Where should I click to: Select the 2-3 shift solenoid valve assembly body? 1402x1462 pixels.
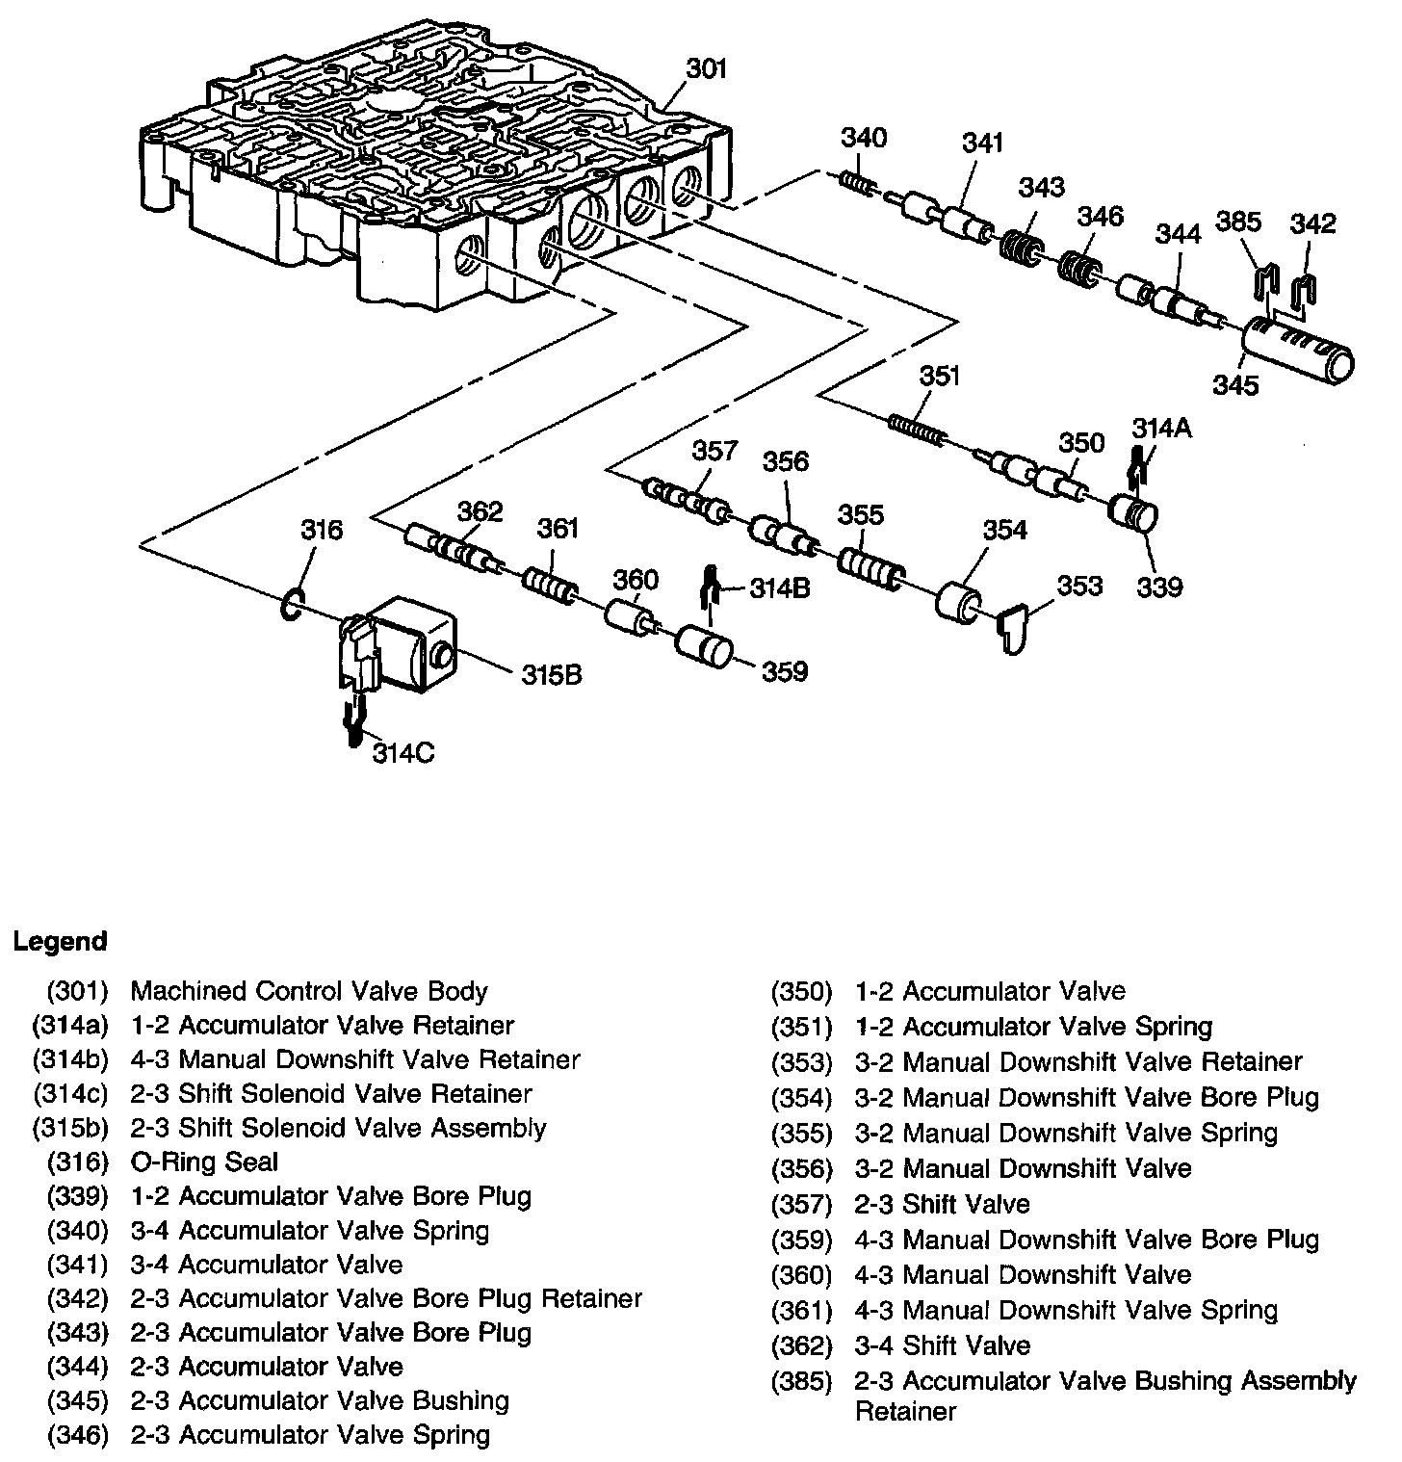pyautogui.click(x=404, y=643)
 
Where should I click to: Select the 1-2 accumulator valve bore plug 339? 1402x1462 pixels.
pyautogui.click(x=1134, y=513)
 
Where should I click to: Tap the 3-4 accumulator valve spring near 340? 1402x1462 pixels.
pyautogui.click(x=857, y=181)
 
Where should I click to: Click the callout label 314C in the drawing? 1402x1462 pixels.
pyautogui.click(x=403, y=752)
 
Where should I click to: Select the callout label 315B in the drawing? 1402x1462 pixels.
pyautogui.click(x=552, y=675)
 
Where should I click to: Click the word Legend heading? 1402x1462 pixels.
pyautogui.click(x=61, y=941)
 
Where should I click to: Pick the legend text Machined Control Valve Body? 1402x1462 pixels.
pyautogui.click(x=309, y=991)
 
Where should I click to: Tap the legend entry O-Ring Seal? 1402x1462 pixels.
pyautogui.click(x=204, y=1162)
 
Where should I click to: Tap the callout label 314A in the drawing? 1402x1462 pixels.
pyautogui.click(x=1161, y=428)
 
